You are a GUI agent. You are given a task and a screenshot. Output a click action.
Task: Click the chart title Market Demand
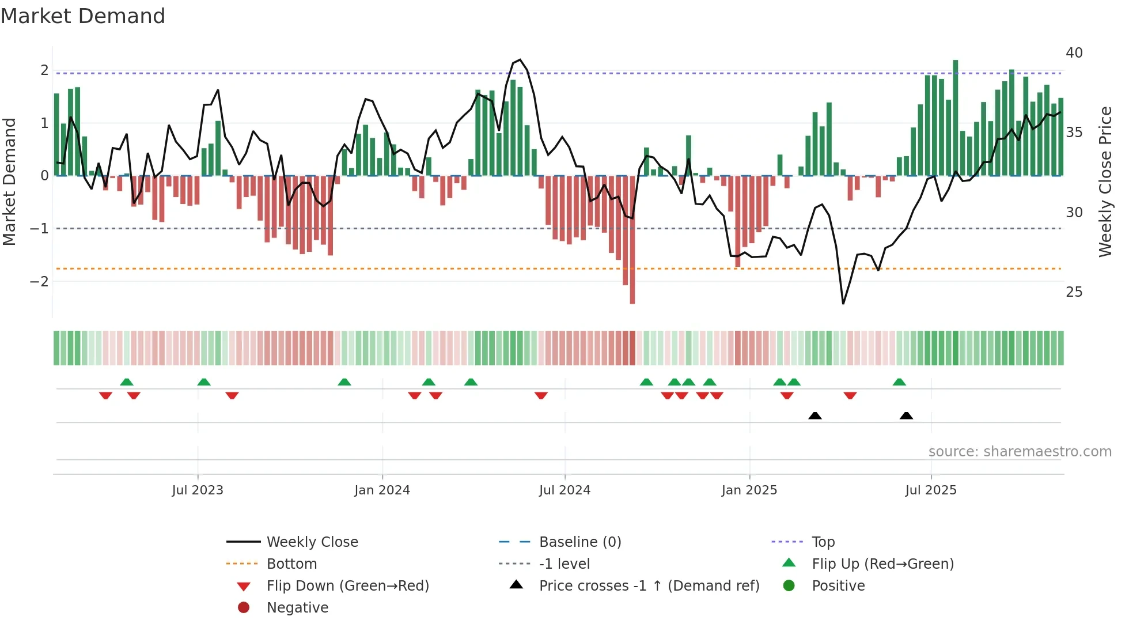(x=83, y=16)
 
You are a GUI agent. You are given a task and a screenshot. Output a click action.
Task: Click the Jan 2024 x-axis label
(x=382, y=490)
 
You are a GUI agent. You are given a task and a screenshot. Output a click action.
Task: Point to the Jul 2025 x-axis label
(x=930, y=490)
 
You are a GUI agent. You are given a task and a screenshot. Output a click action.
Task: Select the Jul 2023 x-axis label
(x=198, y=490)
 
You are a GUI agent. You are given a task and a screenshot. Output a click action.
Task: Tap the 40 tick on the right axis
(x=1074, y=53)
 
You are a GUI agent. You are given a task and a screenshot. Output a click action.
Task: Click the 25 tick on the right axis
(x=1074, y=292)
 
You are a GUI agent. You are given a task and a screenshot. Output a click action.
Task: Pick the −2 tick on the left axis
(x=39, y=282)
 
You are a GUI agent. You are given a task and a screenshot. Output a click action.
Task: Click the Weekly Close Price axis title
(x=1105, y=182)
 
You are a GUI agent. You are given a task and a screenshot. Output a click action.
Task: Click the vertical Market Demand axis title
(x=10, y=182)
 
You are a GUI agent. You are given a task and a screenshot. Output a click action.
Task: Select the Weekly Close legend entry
(x=312, y=542)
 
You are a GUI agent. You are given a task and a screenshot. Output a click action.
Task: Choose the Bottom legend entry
(x=291, y=564)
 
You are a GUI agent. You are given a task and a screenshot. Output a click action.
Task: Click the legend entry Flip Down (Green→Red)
(x=347, y=586)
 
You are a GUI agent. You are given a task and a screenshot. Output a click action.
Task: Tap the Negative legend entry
(x=297, y=608)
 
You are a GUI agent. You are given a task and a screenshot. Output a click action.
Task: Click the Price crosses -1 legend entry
(x=649, y=586)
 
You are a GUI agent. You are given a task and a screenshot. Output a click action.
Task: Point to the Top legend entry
(x=823, y=542)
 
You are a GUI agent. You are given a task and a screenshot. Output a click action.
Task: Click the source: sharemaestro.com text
(x=1020, y=452)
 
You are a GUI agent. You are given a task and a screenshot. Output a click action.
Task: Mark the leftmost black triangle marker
(x=814, y=415)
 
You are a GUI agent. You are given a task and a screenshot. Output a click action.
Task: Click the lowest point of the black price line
(x=843, y=303)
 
